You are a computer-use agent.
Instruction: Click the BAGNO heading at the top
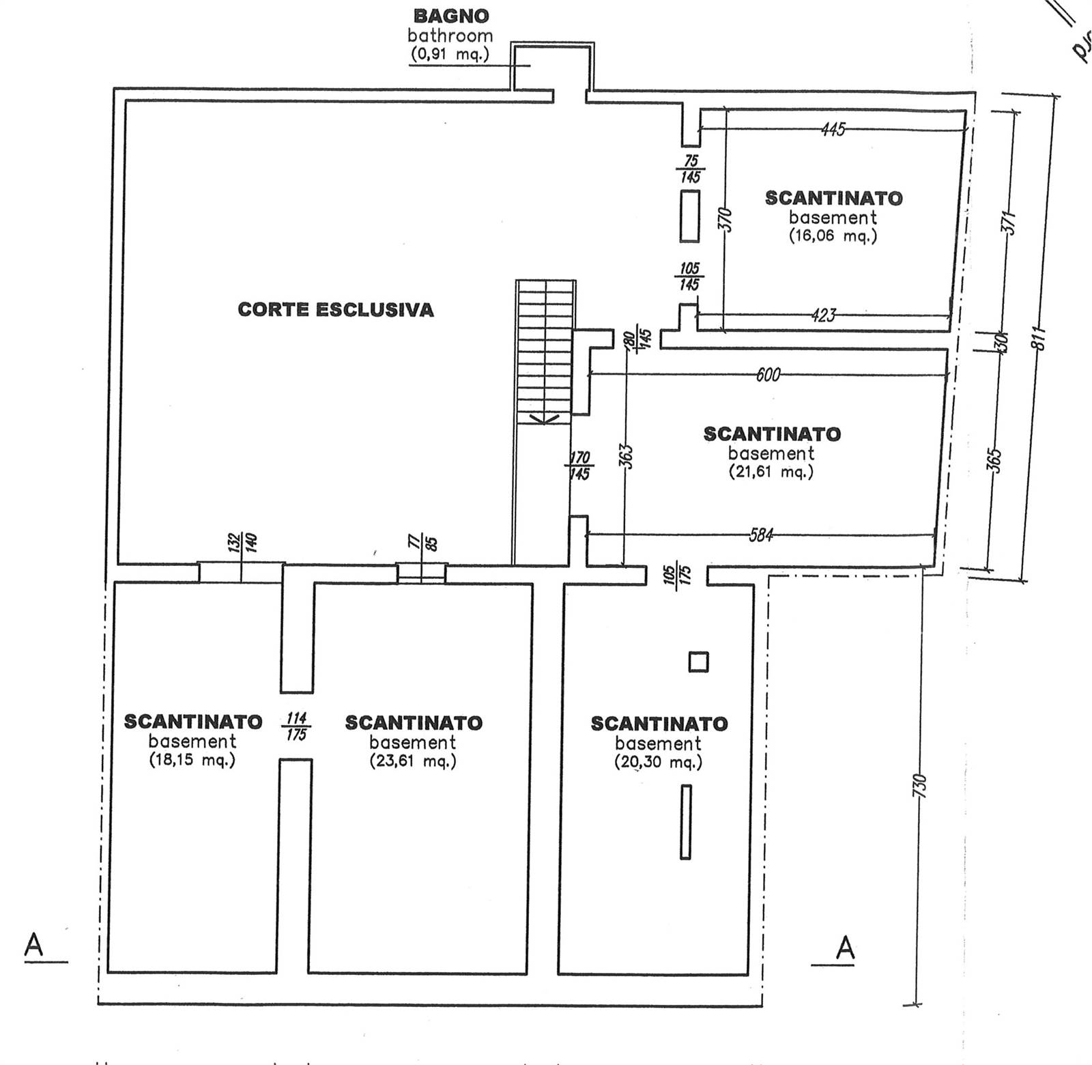coord(451,16)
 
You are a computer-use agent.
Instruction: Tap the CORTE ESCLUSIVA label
coord(335,310)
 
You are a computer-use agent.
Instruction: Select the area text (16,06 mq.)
coord(833,236)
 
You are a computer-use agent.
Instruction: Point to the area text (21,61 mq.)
coord(771,472)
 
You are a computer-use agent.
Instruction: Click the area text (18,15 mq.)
coord(192,760)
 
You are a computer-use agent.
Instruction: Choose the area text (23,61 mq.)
coord(413,761)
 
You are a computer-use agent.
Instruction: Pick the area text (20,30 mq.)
coord(658,762)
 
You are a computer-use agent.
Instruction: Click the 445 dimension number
coord(833,129)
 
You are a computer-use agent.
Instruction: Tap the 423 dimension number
coord(824,315)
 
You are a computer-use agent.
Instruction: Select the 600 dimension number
coord(768,374)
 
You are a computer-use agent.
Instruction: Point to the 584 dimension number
coord(761,535)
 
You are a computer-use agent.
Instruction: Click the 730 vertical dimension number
coord(921,786)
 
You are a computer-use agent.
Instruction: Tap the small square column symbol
coord(698,662)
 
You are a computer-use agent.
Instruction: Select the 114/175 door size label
coord(296,726)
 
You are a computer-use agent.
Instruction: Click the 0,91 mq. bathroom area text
coord(450,54)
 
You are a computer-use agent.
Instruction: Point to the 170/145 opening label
coord(579,465)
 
